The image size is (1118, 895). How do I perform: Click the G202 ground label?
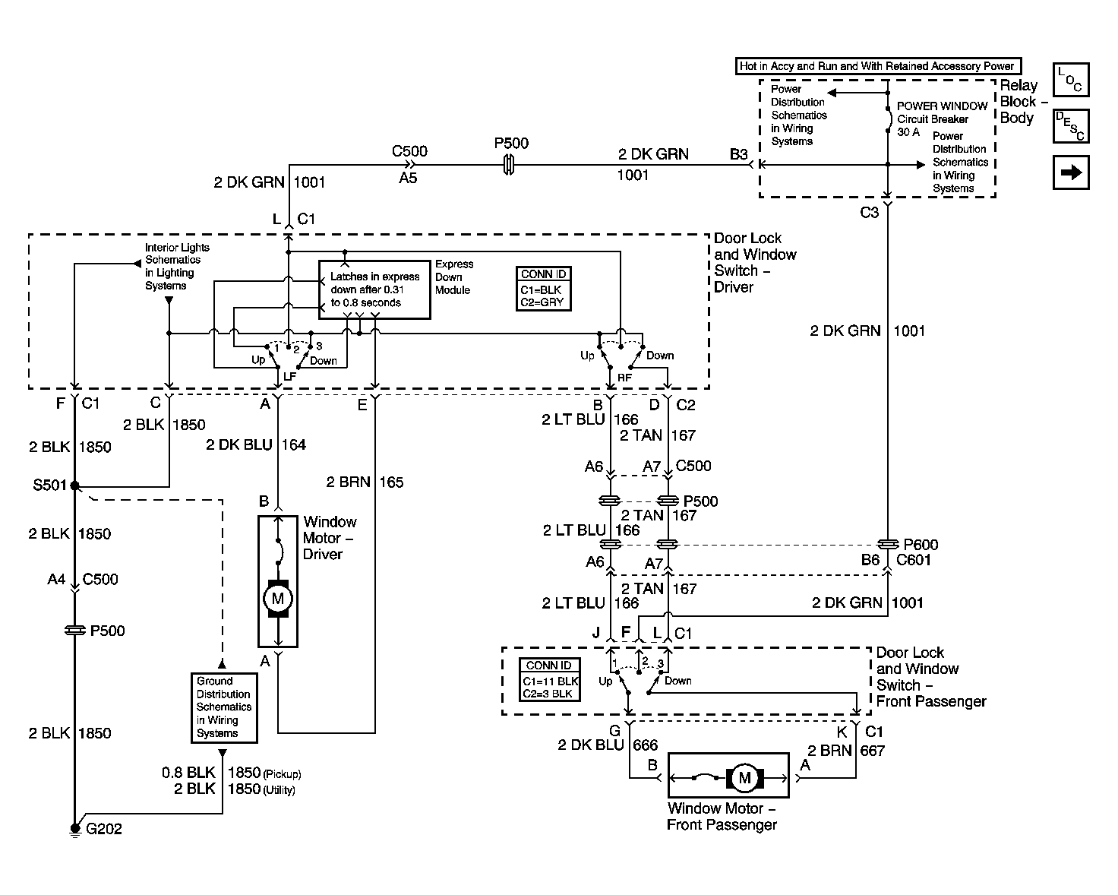tap(104, 828)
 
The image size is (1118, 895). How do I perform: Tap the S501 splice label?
tap(50, 485)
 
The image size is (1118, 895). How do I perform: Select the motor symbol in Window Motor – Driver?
tap(278, 598)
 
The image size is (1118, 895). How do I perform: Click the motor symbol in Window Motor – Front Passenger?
tap(744, 777)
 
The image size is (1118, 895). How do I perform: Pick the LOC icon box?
tap(1071, 80)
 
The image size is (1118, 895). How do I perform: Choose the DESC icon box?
tap(1071, 126)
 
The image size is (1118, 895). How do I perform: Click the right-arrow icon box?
tap(1071, 172)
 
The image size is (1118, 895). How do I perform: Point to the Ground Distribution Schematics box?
tap(224, 708)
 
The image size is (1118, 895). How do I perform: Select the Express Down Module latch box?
tap(374, 289)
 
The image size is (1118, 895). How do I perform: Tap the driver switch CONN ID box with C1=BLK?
tap(543, 289)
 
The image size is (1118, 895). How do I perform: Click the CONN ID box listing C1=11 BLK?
tap(550, 680)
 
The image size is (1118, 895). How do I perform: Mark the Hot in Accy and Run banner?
tap(878, 66)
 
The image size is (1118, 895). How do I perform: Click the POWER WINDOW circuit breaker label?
tap(942, 119)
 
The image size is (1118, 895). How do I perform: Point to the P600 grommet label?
tap(921, 545)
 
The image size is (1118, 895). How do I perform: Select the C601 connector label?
tap(913, 560)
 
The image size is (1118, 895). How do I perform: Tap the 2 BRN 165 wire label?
tap(365, 482)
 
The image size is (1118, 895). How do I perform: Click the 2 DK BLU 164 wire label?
tap(256, 444)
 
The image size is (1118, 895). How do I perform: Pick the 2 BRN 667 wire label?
tap(846, 751)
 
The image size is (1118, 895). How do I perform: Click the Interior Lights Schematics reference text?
tap(177, 266)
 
